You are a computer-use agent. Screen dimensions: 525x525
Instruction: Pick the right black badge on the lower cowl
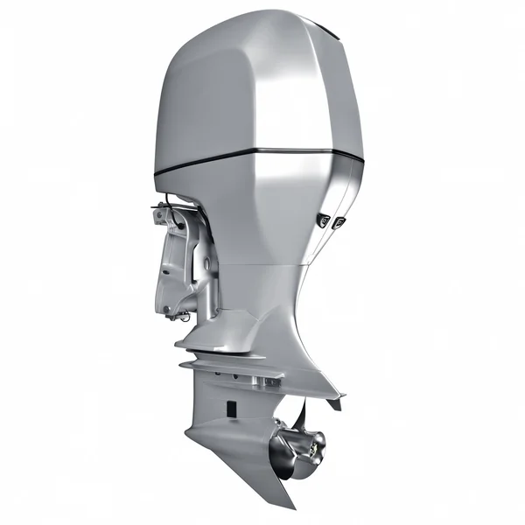click(x=338, y=224)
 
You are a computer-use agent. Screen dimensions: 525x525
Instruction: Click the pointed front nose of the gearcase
click(x=188, y=432)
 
